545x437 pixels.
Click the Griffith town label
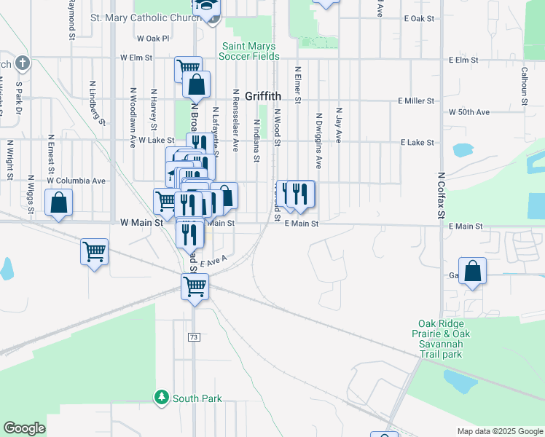point(263,95)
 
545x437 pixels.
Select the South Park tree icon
point(161,398)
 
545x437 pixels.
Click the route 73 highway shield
point(194,337)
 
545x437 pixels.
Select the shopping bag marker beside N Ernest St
point(58,203)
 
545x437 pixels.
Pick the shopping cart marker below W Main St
point(94,252)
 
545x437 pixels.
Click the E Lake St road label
point(417,143)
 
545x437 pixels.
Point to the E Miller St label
point(416,101)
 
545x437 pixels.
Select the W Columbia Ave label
point(77,181)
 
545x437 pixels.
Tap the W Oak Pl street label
point(153,38)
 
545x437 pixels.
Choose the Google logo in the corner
point(25,428)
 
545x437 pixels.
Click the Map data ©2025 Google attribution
point(500,431)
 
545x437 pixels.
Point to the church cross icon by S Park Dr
point(22,63)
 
